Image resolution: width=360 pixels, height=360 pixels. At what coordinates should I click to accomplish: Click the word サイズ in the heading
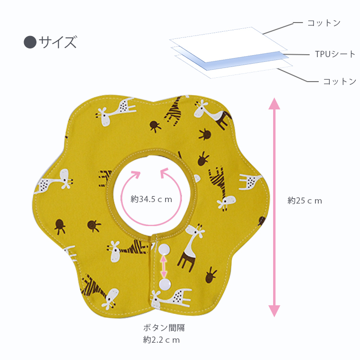[58, 42]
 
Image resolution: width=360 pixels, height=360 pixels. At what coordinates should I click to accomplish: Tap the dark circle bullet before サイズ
[29, 42]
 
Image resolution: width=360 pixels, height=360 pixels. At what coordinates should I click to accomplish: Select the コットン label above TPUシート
[324, 23]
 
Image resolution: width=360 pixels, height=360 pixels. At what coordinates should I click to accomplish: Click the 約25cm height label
[305, 201]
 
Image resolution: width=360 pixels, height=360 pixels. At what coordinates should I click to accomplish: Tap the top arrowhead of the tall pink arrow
[274, 103]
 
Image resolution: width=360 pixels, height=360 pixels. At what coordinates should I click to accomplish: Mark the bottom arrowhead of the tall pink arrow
[274, 311]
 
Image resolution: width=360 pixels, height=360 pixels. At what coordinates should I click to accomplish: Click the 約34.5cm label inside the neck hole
[151, 199]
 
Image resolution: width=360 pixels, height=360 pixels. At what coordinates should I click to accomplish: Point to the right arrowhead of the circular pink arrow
[165, 171]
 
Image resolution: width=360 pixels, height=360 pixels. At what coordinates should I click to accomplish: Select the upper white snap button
[164, 249]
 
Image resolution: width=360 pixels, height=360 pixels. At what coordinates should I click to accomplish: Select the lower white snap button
[164, 284]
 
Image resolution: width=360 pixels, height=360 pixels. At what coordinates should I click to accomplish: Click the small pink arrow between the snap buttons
[164, 266]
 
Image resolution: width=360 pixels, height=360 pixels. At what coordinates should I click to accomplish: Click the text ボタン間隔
[164, 328]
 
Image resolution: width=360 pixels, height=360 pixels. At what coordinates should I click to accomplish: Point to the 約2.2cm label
[161, 340]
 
